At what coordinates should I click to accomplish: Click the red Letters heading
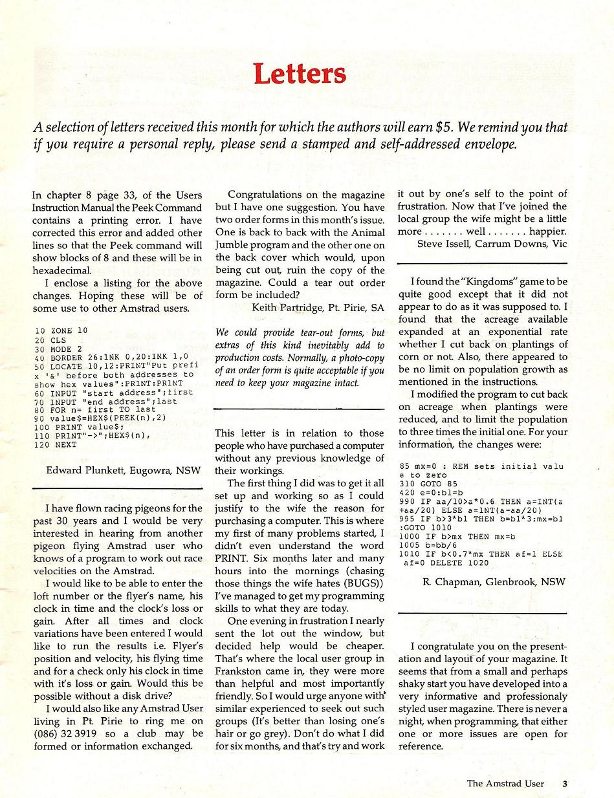pyautogui.click(x=300, y=74)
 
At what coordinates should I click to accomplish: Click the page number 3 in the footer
pyautogui.click(x=565, y=784)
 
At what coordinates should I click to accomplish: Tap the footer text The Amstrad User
pyautogui.click(x=505, y=784)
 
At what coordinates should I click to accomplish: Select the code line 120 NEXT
pyautogui.click(x=53, y=445)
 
